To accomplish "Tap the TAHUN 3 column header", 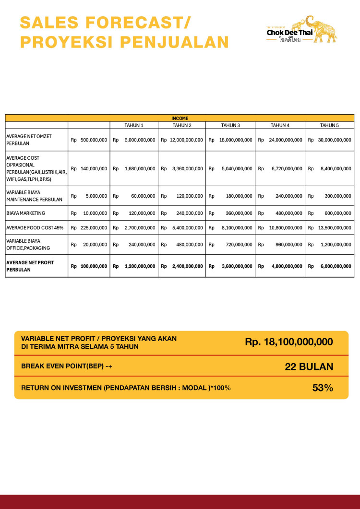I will [230, 125].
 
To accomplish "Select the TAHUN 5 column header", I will [329, 125].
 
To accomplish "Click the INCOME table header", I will [180, 118].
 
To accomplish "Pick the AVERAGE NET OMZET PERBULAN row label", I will [29, 140].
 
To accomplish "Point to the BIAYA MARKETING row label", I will [26, 213].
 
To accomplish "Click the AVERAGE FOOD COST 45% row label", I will [35, 228].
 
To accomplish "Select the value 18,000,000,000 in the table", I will [236, 140].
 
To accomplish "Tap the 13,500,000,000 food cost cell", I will [335, 228].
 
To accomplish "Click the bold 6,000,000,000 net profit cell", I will [336, 266].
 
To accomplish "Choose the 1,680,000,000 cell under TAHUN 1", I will [140, 168].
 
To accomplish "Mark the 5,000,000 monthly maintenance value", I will [96, 196].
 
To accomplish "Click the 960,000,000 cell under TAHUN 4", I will [288, 244].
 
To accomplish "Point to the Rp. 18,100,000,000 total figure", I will [288, 342].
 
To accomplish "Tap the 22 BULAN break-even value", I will [309, 367].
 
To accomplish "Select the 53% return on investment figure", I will [323, 388].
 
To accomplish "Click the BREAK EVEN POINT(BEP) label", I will [67, 366].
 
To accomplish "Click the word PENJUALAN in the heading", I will [174, 42].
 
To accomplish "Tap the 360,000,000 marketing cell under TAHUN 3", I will [239, 213].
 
